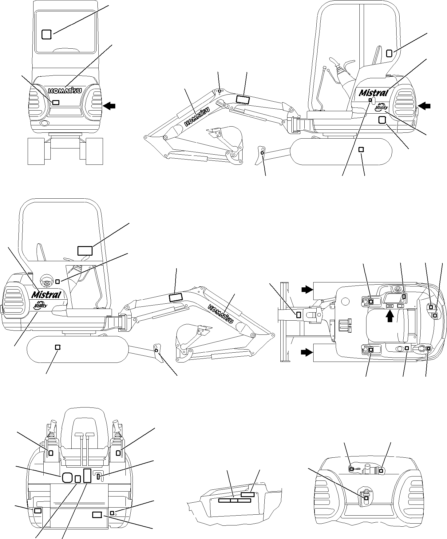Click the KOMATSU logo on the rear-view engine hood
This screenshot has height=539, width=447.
click(65, 91)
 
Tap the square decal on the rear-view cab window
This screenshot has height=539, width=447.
click(46, 34)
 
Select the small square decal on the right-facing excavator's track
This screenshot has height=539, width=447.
click(57, 347)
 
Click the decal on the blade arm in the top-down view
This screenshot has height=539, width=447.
click(298, 315)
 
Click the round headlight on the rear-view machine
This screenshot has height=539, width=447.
click(44, 124)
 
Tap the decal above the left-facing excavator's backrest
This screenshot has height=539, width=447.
click(389, 54)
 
